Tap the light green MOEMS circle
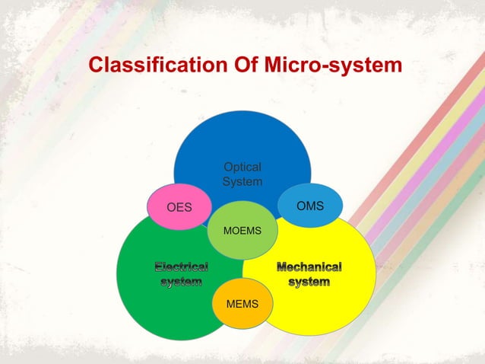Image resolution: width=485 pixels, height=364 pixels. tap(242, 229)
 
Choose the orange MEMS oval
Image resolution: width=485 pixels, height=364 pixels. tap(242, 304)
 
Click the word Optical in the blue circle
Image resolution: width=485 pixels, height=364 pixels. tap(242, 168)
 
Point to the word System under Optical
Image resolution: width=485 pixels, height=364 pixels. tap(242, 182)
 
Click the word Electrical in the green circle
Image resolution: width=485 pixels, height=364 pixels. tap(182, 267)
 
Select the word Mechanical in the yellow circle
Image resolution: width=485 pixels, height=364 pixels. tap(309, 267)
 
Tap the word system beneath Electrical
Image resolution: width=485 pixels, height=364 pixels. tap(182, 283)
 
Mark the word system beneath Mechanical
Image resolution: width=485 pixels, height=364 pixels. tap(309, 283)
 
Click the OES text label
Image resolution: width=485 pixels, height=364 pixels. tap(179, 207)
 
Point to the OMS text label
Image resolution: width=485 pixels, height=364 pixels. tap(310, 206)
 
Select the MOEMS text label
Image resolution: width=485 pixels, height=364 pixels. tap(242, 229)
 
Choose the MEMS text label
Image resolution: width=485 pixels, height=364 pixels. tap(242, 304)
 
